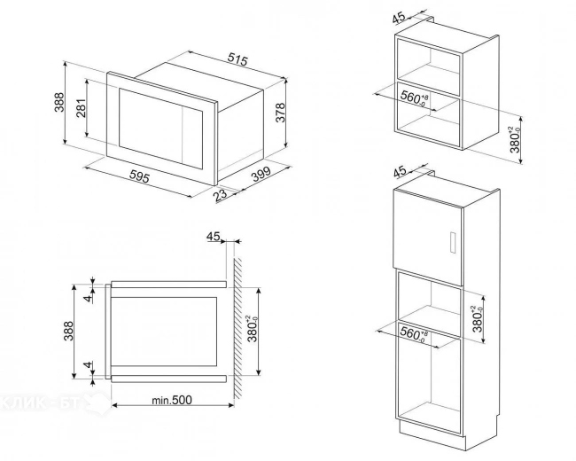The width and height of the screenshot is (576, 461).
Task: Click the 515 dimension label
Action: click(236, 59)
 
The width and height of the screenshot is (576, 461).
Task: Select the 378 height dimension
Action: click(281, 113)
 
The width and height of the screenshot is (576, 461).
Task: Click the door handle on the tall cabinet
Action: click(452, 244)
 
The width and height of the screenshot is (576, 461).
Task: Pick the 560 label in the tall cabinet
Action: click(411, 334)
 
